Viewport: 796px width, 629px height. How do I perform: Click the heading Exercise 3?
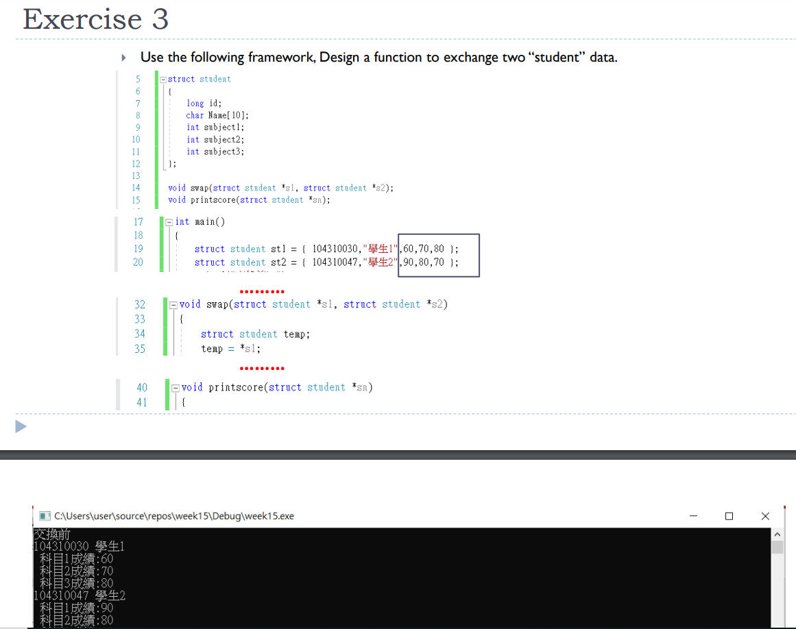click(x=95, y=19)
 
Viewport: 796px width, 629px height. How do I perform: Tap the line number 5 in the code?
click(x=138, y=79)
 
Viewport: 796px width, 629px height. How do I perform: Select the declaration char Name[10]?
click(x=217, y=115)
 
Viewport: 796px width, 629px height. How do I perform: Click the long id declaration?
click(x=204, y=103)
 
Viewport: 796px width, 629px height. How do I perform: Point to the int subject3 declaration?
click(x=215, y=151)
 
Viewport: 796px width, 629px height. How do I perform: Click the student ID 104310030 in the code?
click(x=335, y=249)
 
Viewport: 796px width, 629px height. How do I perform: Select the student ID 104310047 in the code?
click(x=335, y=262)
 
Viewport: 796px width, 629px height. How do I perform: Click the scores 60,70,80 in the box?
click(x=424, y=249)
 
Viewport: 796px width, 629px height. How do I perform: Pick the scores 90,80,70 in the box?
click(x=424, y=262)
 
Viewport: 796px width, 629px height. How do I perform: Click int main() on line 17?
click(x=200, y=222)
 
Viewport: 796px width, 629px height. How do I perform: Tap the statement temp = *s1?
click(x=231, y=349)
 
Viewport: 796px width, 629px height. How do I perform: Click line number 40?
click(x=142, y=388)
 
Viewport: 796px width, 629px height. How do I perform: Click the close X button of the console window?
click(x=765, y=516)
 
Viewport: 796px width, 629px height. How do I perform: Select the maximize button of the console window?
click(x=729, y=516)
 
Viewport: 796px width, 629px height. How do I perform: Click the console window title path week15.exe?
click(x=174, y=516)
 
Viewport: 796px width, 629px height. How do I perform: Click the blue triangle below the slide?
click(x=21, y=426)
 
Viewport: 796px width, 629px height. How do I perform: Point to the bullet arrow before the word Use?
click(x=124, y=58)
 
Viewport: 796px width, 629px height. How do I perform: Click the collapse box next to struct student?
click(x=163, y=79)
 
